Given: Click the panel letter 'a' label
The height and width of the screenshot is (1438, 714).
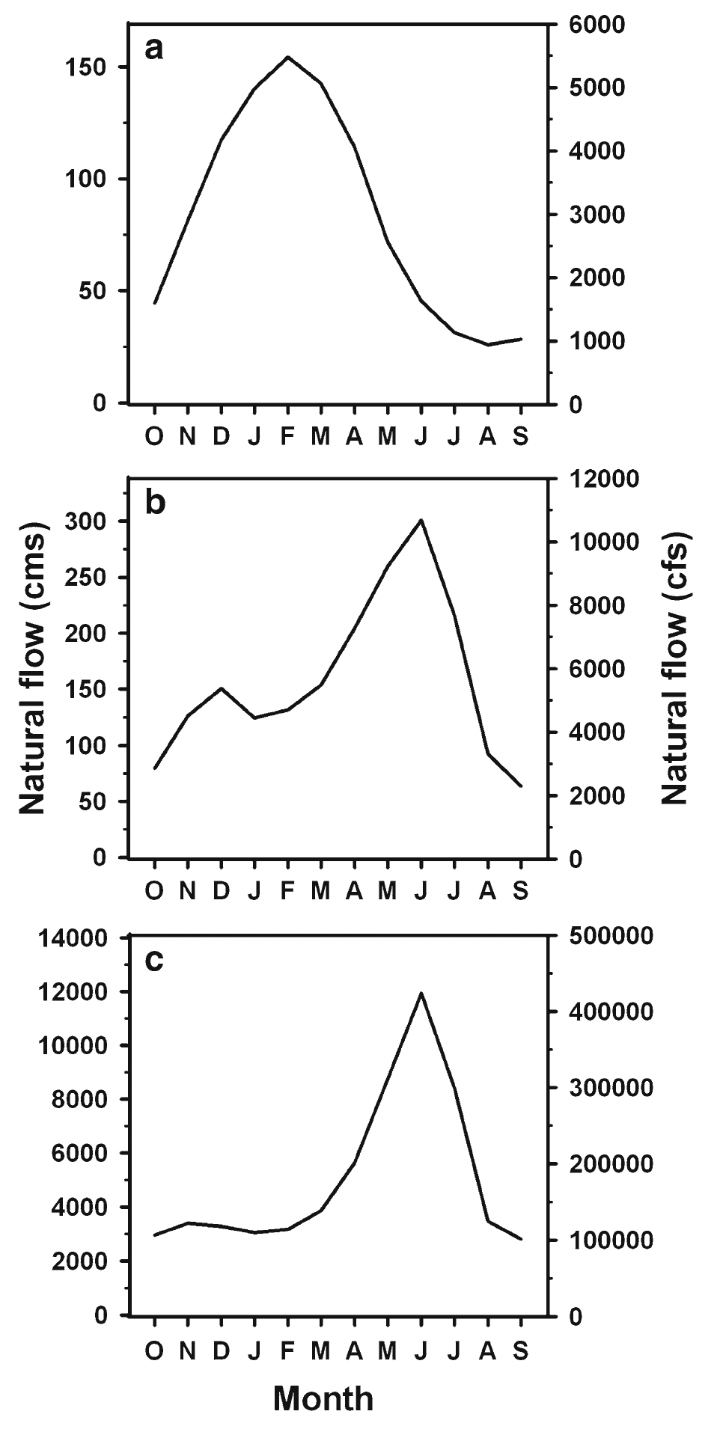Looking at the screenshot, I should point(154,49).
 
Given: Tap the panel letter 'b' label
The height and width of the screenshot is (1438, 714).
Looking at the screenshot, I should point(155,503).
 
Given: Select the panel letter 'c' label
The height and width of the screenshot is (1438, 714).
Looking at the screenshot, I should point(154,959).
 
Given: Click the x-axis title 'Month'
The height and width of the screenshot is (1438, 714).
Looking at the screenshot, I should point(323,1398).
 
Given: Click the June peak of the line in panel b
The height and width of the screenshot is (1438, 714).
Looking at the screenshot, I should point(421,520).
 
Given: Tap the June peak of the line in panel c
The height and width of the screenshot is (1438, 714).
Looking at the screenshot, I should point(421,993).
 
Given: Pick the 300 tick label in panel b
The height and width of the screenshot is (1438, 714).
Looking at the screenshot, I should point(87,521).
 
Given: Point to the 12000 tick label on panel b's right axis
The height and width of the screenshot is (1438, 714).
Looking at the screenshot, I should point(596,478).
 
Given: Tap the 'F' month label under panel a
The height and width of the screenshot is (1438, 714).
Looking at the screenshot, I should point(287,436).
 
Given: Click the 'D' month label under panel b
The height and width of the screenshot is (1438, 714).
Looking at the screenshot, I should point(221,890).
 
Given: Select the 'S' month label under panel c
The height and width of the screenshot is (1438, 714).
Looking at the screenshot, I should point(521,1350).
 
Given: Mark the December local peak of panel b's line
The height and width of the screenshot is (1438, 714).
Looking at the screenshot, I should point(221,688).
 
